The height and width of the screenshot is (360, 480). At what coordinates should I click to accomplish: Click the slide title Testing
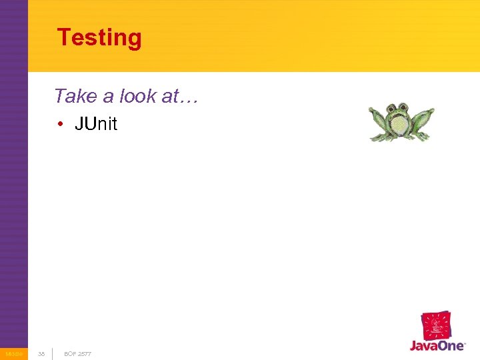(99, 37)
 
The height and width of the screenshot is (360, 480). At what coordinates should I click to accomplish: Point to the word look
(139, 96)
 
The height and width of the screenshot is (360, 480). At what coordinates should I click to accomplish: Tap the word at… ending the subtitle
(179, 97)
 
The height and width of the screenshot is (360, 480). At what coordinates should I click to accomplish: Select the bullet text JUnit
(96, 124)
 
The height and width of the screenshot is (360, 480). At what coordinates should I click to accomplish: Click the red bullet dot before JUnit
(60, 125)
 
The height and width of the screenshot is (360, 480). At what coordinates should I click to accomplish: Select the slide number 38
(41, 353)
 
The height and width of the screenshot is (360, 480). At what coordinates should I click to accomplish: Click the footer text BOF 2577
(77, 353)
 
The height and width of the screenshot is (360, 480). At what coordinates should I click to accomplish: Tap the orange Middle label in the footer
(13, 353)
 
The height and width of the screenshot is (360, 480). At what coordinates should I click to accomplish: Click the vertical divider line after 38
(53, 353)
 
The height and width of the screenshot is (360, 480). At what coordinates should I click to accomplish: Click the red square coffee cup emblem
(436, 326)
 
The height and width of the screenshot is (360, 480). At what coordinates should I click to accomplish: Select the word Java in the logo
(423, 346)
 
